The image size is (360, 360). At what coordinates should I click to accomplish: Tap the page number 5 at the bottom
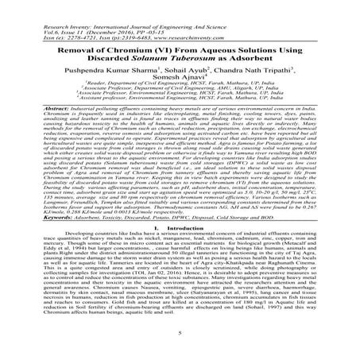180,343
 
